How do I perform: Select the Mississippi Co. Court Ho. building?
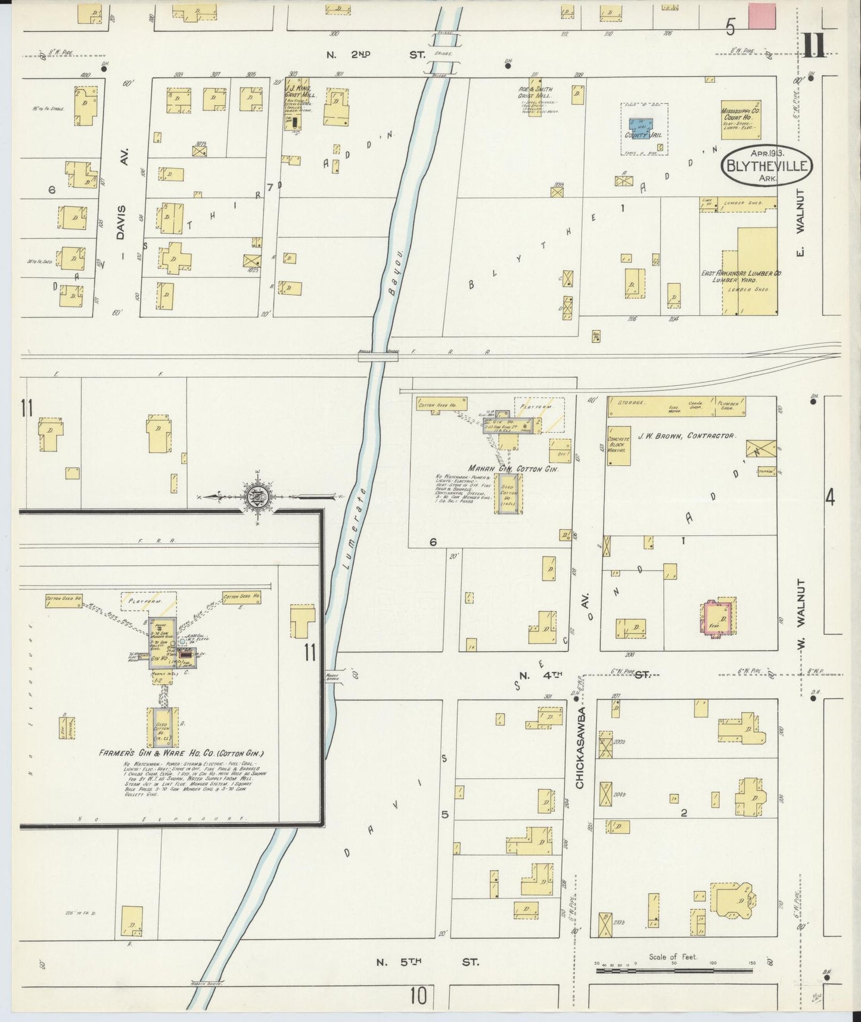click(x=741, y=119)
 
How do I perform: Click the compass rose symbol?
click(x=257, y=497)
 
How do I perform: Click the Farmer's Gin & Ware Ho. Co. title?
click(x=181, y=753)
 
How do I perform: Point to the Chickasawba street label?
click(x=581, y=748)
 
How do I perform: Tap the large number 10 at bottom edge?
click(x=418, y=996)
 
